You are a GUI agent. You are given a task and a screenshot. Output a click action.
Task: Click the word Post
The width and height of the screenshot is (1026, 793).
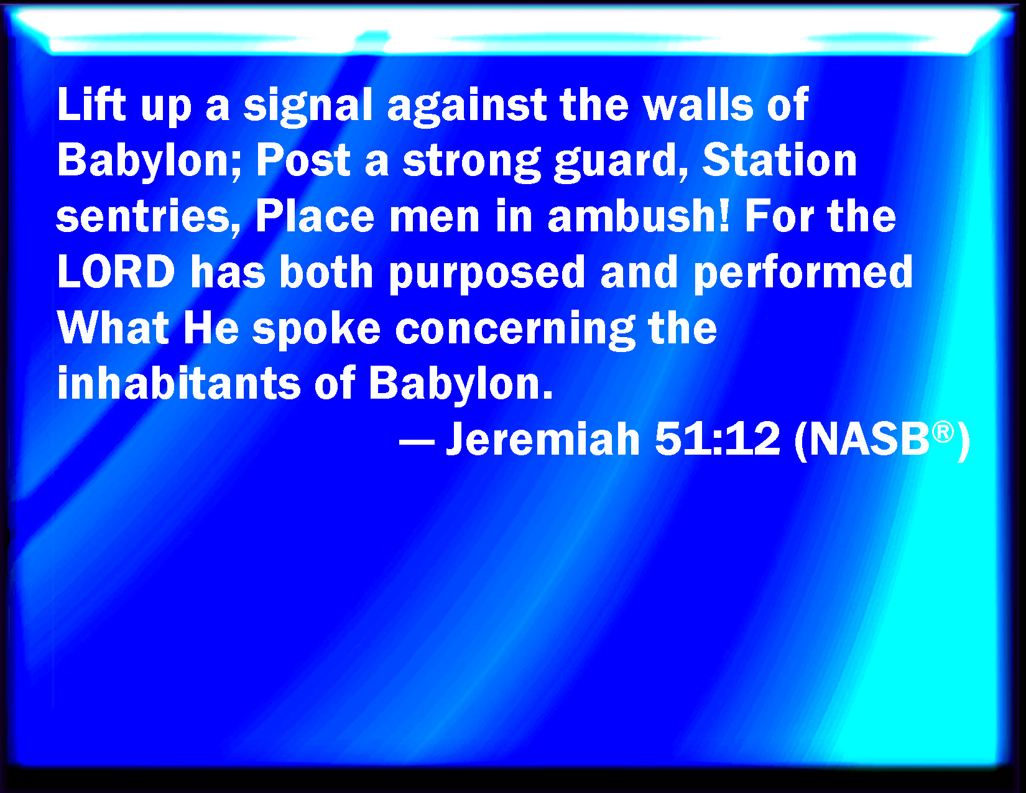303,160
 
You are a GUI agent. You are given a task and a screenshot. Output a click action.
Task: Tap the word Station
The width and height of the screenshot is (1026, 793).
780,160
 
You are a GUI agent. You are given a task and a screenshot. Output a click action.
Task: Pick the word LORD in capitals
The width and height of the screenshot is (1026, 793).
116,272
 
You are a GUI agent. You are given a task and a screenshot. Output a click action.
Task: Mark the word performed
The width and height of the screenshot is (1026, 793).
803,275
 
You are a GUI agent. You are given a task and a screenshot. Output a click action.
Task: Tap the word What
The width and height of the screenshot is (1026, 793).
113,328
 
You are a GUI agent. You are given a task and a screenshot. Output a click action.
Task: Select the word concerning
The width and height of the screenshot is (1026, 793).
515,331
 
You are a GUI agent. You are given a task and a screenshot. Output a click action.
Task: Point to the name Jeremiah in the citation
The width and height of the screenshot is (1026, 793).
543,438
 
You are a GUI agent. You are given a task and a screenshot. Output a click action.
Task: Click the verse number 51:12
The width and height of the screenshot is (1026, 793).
717,438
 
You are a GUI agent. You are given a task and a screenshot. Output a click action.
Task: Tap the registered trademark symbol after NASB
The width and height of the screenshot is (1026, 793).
943,433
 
